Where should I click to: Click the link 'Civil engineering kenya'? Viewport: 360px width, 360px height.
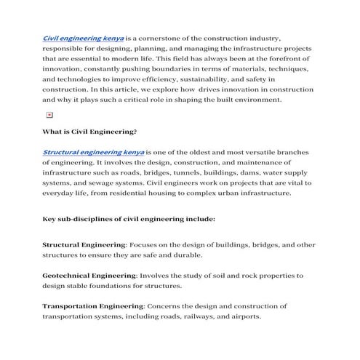84,37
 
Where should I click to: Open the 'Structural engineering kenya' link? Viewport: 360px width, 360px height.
93,153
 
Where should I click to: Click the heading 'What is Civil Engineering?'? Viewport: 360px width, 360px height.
89,132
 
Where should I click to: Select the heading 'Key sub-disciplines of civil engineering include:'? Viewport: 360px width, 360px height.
128,217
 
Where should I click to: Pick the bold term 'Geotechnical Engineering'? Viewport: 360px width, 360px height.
89,276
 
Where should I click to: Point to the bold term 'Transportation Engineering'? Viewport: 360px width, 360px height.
93,306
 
